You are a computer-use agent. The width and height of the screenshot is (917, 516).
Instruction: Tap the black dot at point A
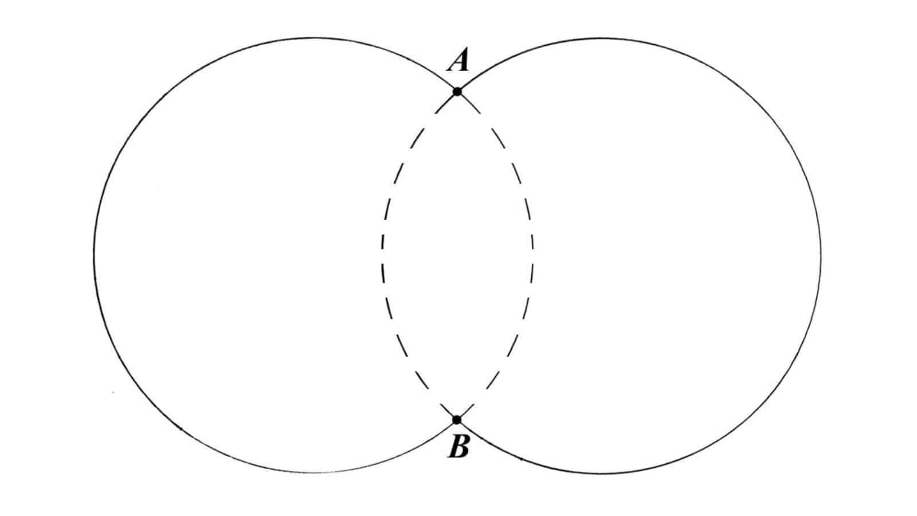point(457,92)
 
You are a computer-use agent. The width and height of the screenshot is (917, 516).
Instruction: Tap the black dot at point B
point(457,420)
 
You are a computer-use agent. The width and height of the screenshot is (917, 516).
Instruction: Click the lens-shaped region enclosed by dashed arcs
point(457,256)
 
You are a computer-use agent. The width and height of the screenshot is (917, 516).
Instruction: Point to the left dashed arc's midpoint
point(382,256)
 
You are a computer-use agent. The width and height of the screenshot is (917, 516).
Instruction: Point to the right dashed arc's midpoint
point(532,256)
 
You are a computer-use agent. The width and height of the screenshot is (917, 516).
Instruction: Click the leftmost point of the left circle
point(94,256)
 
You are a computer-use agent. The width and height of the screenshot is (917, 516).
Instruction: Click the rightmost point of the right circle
point(820,256)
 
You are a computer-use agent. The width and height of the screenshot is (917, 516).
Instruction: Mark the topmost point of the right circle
point(602,38)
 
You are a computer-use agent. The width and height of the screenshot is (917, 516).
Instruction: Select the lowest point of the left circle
point(315,474)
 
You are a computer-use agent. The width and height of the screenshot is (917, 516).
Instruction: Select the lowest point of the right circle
point(602,474)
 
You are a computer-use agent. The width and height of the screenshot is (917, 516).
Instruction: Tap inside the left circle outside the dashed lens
point(237,256)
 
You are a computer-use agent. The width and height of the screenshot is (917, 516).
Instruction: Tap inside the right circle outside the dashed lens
point(676,256)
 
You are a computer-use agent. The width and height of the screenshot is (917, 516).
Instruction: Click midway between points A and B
point(457,256)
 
